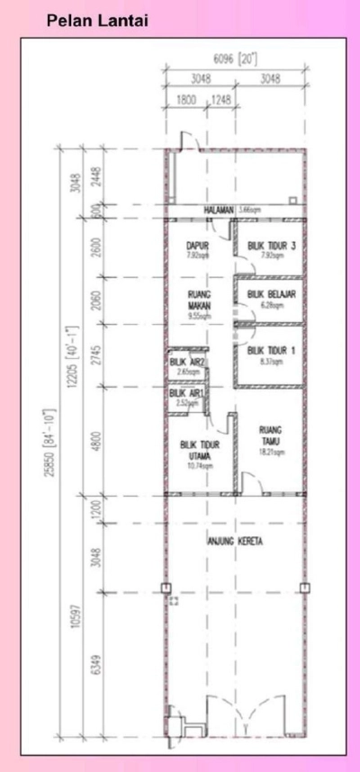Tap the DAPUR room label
pyautogui.click(x=197, y=246)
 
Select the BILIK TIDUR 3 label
pyautogui.click(x=271, y=246)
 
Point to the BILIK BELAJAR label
pyautogui.click(x=271, y=294)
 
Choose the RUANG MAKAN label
pyautogui.click(x=199, y=300)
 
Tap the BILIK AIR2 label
pyautogui.click(x=188, y=362)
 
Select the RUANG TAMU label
pyautogui.click(x=270, y=435)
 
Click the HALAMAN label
pyautogui.click(x=219, y=211)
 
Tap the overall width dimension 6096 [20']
pyautogui.click(x=237, y=59)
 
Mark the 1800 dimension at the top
pyautogui.click(x=186, y=98)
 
